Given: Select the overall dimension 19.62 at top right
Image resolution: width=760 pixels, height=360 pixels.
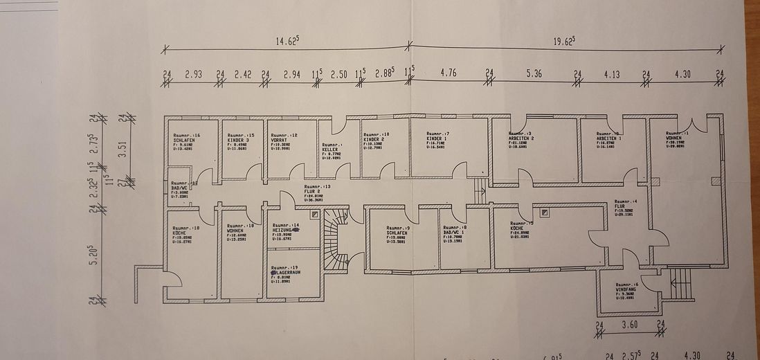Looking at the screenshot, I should tap(564, 41).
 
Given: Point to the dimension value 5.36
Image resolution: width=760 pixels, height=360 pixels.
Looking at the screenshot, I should tap(533, 73).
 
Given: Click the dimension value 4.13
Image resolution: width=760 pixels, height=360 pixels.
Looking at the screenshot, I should tap(611, 73).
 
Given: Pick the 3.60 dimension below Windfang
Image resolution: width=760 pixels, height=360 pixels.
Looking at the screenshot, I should tap(629, 323).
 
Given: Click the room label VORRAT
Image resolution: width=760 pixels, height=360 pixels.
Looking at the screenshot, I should tap(280, 141).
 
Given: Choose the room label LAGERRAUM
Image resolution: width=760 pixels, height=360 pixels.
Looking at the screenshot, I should tap(287, 273).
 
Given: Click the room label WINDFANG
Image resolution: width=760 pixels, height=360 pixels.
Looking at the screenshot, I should tap(626, 289).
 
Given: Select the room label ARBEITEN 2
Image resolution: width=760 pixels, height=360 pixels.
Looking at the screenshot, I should tap(521, 138).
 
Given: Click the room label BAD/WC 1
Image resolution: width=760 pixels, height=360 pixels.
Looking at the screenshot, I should tap(454, 232).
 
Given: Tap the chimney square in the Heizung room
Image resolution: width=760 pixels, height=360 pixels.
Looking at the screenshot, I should tap(315, 215).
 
